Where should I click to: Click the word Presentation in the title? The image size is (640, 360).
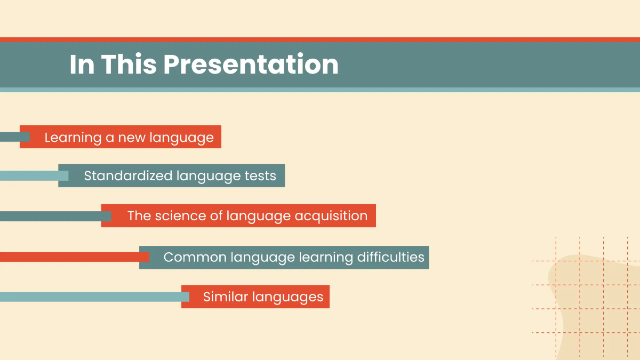(251, 65)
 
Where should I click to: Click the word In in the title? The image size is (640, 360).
(81, 65)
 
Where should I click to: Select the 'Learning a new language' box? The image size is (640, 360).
(121, 137)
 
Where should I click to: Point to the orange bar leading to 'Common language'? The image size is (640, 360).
(69, 257)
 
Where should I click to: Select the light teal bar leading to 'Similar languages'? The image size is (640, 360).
(91, 297)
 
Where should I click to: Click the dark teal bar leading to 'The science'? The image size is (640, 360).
(51, 216)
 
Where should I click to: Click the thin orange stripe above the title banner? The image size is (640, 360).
(320, 39)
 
